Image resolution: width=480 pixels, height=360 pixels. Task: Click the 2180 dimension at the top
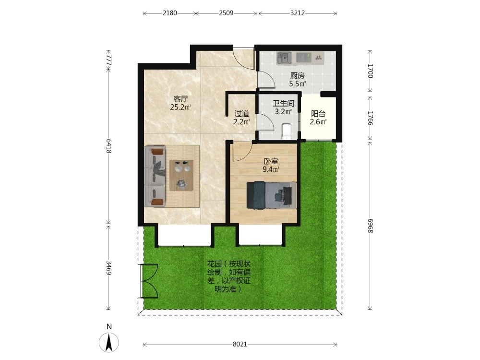point(169,13)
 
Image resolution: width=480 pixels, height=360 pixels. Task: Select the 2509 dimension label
point(226,13)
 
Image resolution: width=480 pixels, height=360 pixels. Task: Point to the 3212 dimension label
point(297,13)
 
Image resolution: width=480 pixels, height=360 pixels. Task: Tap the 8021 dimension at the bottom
point(240,344)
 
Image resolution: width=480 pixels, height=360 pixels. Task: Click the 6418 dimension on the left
point(108,146)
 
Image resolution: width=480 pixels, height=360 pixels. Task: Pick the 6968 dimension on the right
point(371,226)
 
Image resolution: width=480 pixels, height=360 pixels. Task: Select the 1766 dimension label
point(371,118)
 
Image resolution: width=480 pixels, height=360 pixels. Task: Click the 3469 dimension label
point(108,267)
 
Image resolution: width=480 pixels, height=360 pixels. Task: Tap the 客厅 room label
point(180,99)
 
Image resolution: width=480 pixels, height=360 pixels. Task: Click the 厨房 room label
point(297,76)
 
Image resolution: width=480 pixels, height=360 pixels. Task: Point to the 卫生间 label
point(284,104)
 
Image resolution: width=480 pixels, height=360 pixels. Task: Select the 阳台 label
point(318,114)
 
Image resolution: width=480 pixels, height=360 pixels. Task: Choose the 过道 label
point(241,114)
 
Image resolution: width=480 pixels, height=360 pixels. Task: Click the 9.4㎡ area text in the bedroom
point(271,169)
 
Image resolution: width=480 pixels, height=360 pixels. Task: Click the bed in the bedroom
point(272,195)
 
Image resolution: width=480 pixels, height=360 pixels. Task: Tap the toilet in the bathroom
point(286,131)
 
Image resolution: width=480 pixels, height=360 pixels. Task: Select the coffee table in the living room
point(181,175)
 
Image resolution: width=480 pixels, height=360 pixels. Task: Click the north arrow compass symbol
point(108,342)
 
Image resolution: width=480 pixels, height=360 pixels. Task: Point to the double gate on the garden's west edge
point(148,281)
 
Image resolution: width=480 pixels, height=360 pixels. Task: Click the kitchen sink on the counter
point(284,58)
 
